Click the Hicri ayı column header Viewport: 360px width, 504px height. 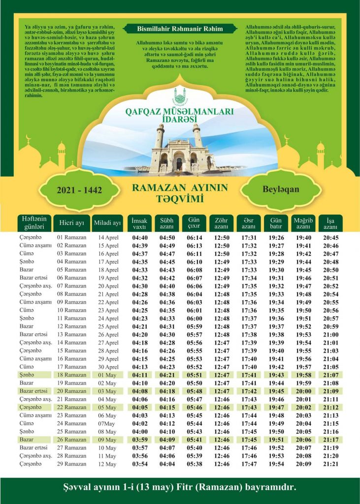click(x=71, y=223)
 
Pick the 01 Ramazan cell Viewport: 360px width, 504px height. click(x=72, y=238)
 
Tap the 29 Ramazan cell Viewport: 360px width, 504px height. click(x=72, y=464)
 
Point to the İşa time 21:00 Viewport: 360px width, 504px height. click(x=330, y=335)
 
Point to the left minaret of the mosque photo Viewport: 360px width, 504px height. click(x=160, y=138)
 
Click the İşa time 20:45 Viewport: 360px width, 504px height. click(x=330, y=238)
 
